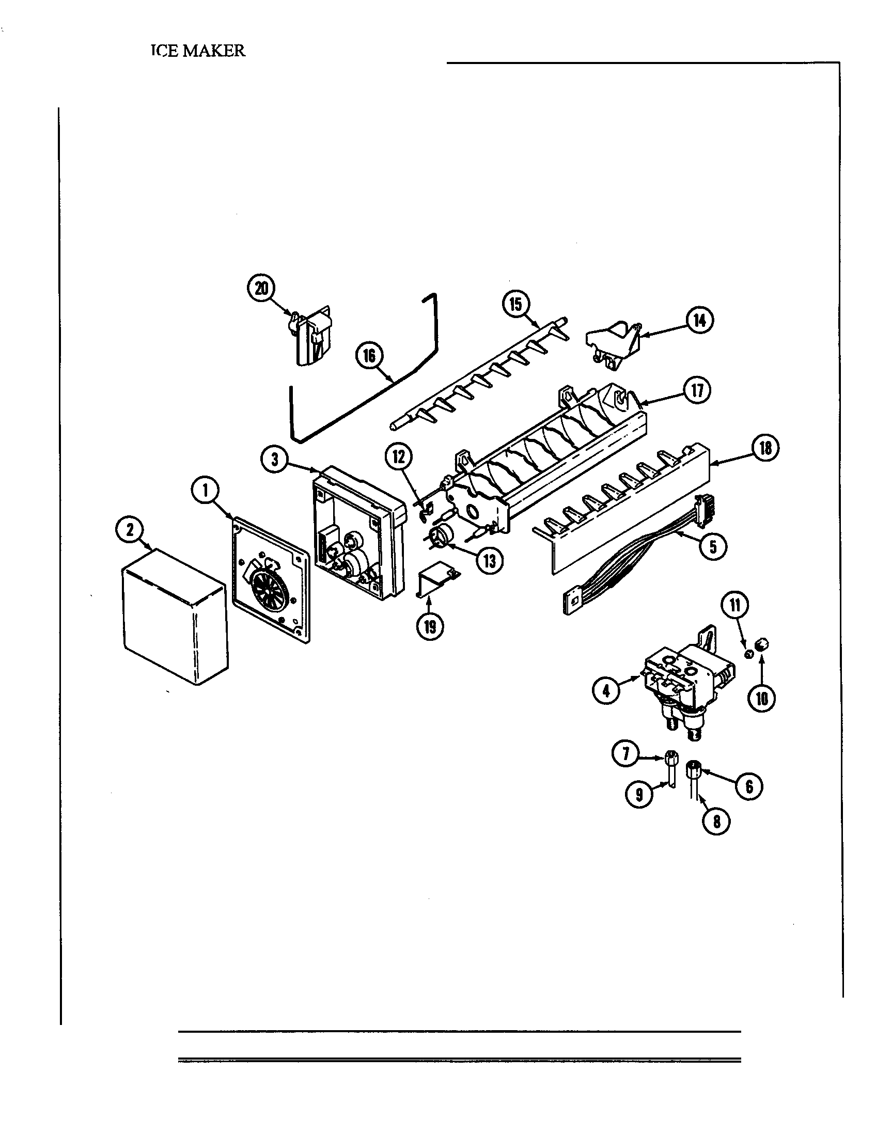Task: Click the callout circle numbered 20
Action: (261, 288)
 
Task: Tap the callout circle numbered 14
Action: (700, 321)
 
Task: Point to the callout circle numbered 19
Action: (430, 627)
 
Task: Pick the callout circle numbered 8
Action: (716, 822)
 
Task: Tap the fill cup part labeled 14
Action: (614, 343)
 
